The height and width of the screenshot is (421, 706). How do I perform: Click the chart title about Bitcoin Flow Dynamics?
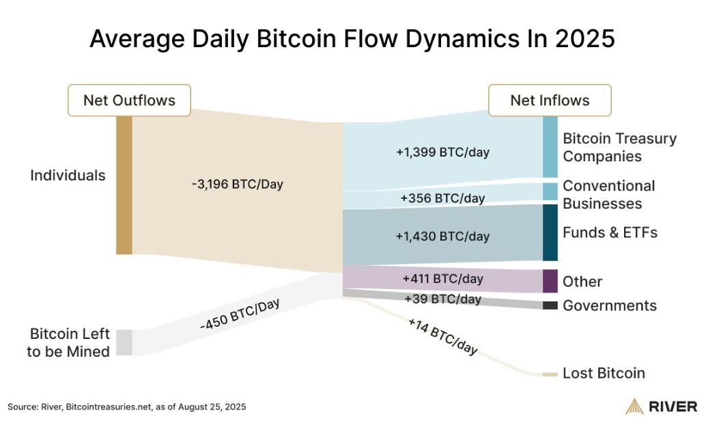coord(352,39)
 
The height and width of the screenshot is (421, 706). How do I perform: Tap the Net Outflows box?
coord(129,100)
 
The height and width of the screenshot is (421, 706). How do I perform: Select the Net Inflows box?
coord(550,100)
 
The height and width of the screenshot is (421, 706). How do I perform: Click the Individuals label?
coord(68,175)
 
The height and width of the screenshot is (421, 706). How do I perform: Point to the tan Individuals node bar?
coord(124,185)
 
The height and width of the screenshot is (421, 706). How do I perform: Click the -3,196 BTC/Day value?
coord(237,184)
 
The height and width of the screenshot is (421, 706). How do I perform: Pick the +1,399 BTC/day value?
coord(442,152)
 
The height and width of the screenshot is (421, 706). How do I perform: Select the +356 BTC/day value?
coord(442,198)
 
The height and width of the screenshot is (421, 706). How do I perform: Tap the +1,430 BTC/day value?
coord(442,236)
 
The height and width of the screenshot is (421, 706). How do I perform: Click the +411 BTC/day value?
coord(442,279)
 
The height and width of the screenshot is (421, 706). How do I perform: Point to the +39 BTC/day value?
coord(442,299)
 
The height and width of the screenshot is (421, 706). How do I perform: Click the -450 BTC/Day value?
coord(240,315)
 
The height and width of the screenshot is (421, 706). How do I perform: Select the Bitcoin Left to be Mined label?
coord(69,343)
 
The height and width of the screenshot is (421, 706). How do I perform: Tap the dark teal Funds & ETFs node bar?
coord(550,232)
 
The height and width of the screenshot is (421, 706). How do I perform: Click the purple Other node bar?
coord(550,281)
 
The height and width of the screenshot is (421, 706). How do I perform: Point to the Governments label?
coord(609,305)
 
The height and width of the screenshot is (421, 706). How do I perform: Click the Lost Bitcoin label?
coord(604,373)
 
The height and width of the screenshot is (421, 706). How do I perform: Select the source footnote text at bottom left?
coord(126,407)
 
